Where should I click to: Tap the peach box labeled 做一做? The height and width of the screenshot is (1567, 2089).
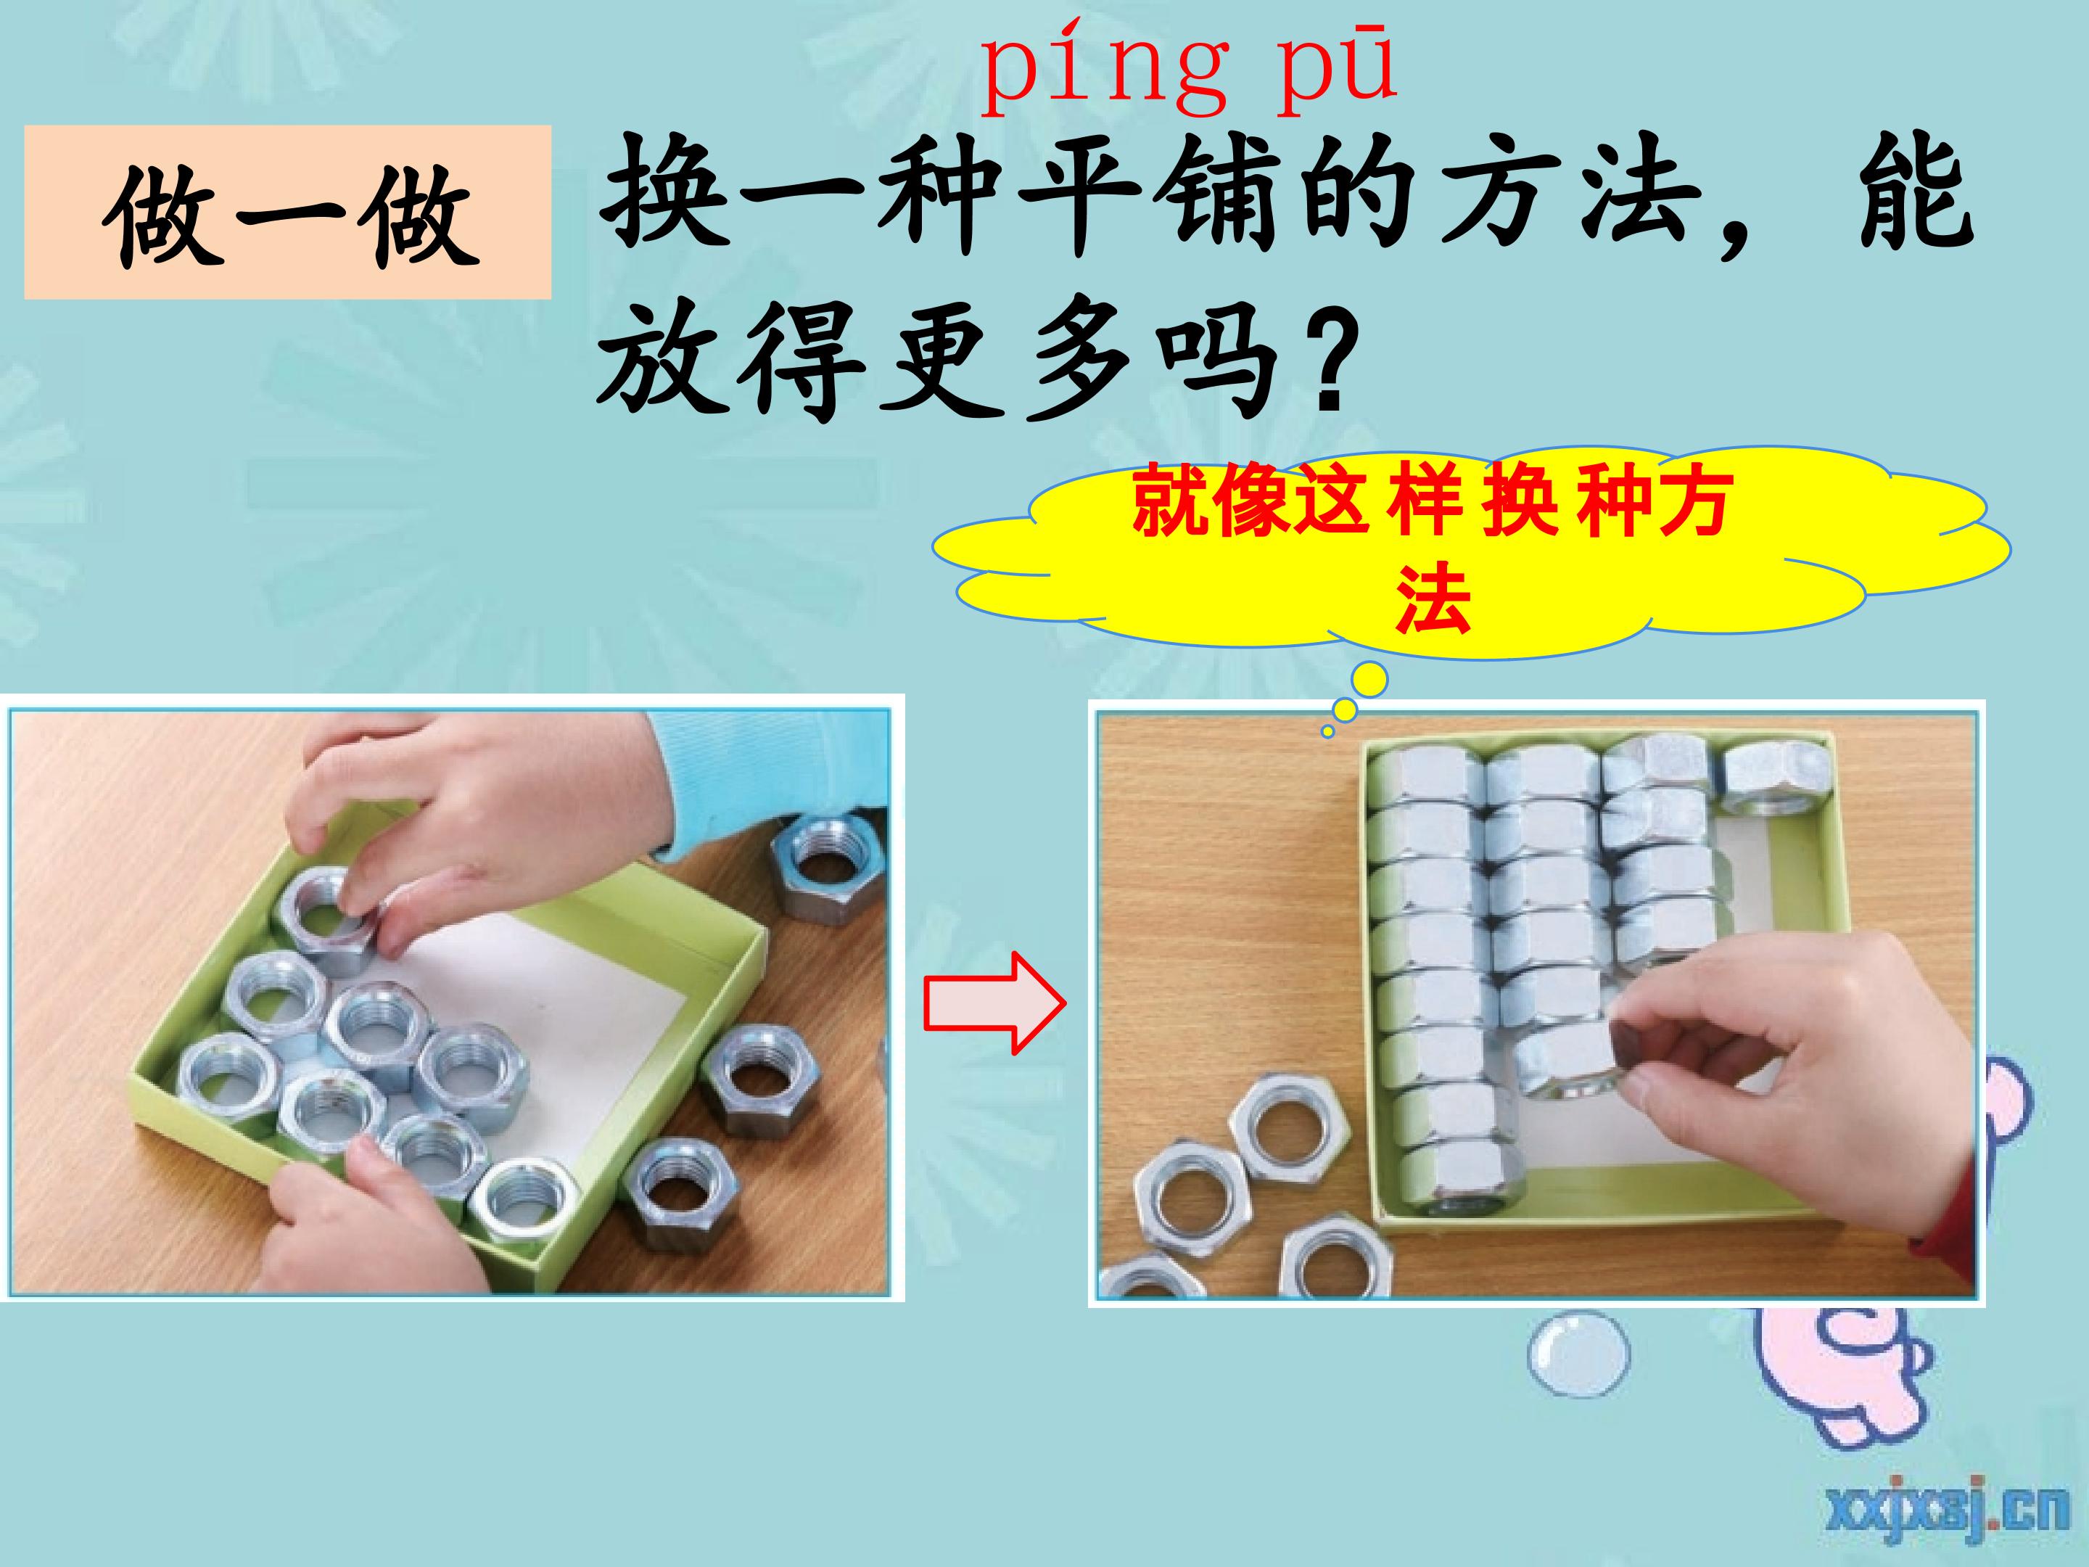pos(287,213)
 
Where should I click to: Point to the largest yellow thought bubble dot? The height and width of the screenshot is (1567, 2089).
pos(1370,679)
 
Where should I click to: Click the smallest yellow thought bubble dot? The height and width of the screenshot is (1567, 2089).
pos(1328,730)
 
